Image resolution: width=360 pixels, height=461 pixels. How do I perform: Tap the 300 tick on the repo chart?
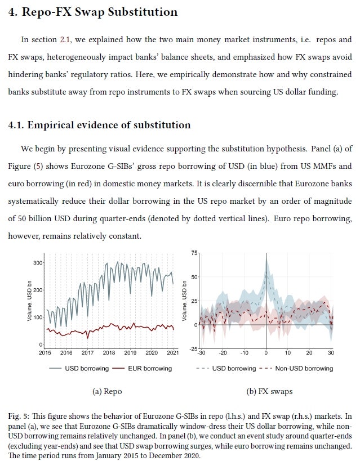(38, 263)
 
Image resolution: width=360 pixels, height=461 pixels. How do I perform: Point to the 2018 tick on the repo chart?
(109, 353)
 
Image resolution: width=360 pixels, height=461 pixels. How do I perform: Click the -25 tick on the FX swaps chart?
(193, 350)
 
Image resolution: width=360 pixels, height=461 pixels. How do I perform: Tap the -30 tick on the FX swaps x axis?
(201, 353)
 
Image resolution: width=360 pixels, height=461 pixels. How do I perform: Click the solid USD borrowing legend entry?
(77, 369)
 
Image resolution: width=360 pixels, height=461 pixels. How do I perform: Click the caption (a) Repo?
(106, 391)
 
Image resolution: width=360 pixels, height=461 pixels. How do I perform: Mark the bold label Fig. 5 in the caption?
(19, 417)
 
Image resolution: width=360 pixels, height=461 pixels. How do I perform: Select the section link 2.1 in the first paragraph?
(65, 40)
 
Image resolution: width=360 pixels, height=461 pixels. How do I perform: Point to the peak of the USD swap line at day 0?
(266, 271)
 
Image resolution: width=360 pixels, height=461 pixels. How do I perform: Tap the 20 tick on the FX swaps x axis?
(309, 353)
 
